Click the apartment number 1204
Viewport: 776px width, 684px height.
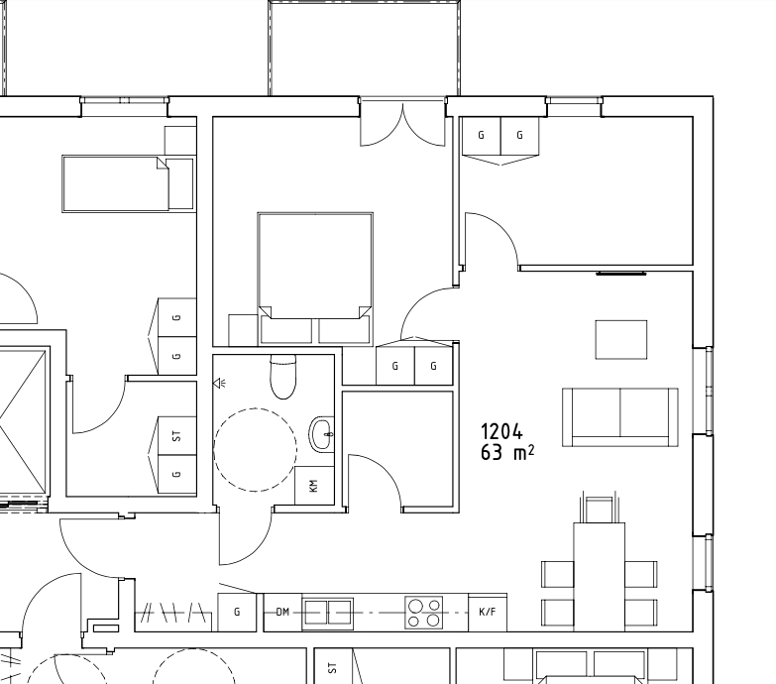(x=501, y=431)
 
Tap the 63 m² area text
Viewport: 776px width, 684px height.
(x=507, y=452)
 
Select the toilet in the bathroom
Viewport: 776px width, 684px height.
(x=283, y=377)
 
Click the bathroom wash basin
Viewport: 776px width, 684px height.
(x=322, y=434)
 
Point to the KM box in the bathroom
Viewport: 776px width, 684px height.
(x=314, y=485)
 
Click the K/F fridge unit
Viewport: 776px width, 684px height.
(x=488, y=612)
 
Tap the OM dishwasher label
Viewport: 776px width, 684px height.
(x=282, y=613)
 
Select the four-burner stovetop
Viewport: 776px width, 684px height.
(x=423, y=613)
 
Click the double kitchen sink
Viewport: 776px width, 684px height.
(x=328, y=613)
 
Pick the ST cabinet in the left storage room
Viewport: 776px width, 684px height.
(x=176, y=436)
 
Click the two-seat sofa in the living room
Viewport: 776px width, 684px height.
(x=620, y=417)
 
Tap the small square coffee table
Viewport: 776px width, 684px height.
(x=621, y=340)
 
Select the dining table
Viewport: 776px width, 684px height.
(x=600, y=577)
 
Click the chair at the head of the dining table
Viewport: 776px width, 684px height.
(x=599, y=508)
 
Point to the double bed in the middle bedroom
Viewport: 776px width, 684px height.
(x=315, y=279)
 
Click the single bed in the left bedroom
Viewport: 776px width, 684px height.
(x=128, y=184)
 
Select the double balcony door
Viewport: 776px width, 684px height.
(x=402, y=122)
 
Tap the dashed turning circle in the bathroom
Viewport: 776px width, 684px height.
(x=256, y=450)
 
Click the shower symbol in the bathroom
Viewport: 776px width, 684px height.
(x=220, y=383)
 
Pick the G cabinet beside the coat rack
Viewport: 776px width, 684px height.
(x=237, y=613)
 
